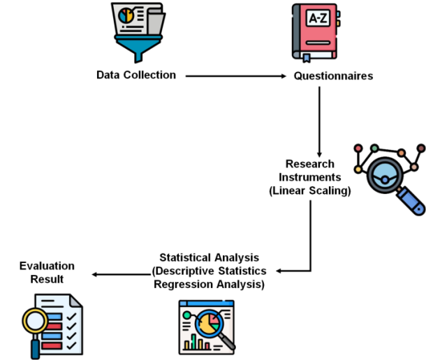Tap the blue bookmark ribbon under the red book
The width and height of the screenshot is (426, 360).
(x=306, y=57)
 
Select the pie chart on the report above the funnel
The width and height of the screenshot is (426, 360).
(x=126, y=14)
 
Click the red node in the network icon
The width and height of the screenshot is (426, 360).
(x=358, y=148)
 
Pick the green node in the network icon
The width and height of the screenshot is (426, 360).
(x=374, y=148)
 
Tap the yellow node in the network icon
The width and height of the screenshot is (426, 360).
(x=358, y=169)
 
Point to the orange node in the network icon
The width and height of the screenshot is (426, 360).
(x=402, y=152)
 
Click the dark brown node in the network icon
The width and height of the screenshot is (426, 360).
(x=420, y=148)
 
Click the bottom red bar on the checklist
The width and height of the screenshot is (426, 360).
(x=52, y=345)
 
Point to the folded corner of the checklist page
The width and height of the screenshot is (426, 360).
(x=75, y=301)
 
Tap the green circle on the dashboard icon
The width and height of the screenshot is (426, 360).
(x=186, y=315)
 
